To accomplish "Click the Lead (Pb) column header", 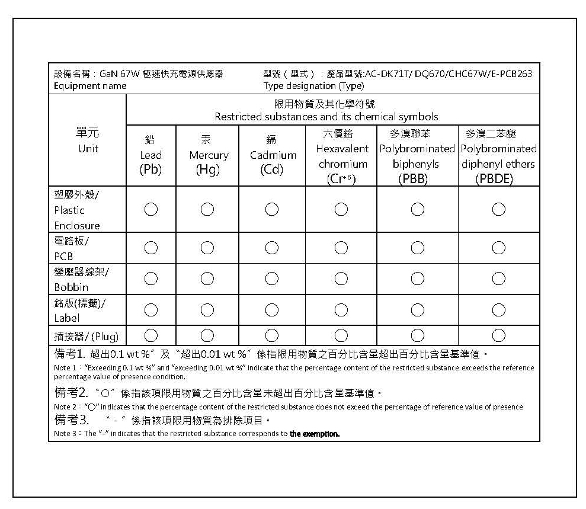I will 150,155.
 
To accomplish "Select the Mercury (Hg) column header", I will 208,155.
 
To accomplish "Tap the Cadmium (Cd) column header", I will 272,155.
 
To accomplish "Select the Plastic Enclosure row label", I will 77,210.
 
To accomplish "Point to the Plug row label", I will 86,337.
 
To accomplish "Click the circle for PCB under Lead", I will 150,248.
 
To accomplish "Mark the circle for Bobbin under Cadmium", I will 272,278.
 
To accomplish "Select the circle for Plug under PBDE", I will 498,336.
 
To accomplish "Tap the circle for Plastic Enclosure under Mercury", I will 207,209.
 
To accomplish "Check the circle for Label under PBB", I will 417,309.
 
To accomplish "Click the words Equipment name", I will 90,86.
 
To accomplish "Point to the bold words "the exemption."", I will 314,434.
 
